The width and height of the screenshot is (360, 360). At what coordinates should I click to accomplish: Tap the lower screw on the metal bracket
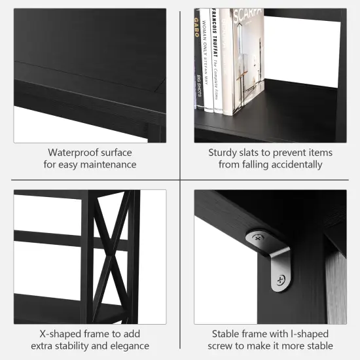(281, 281)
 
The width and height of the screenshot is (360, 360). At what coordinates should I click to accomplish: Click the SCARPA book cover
(247, 59)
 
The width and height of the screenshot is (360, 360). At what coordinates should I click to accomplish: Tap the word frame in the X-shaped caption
(95, 333)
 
